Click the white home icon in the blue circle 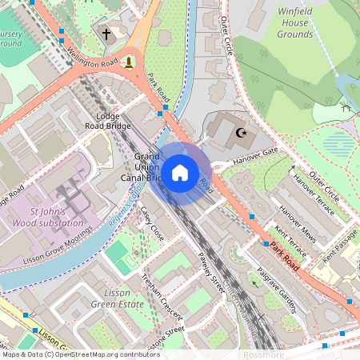[180, 173]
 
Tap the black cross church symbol [106, 34]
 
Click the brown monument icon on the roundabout [128, 62]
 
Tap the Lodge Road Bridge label [107, 121]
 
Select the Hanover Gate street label [254, 154]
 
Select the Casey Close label [151, 225]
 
